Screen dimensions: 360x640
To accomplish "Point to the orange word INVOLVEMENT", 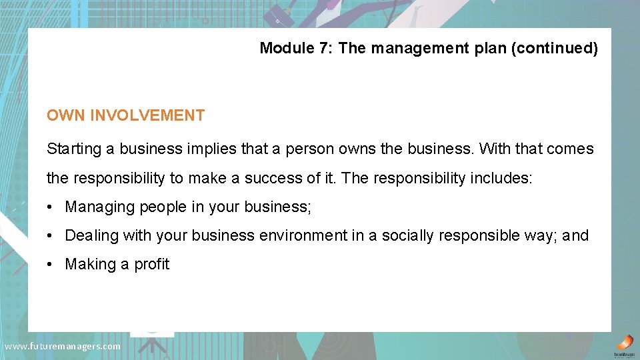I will point(147,115).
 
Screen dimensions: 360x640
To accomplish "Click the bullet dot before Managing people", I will point(51,207).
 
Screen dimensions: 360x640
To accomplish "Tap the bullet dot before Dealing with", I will point(51,236).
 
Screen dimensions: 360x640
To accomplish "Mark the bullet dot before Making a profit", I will point(51,265).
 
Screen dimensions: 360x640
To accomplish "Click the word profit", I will point(151,264).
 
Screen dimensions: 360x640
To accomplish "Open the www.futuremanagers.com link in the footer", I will point(63,346).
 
